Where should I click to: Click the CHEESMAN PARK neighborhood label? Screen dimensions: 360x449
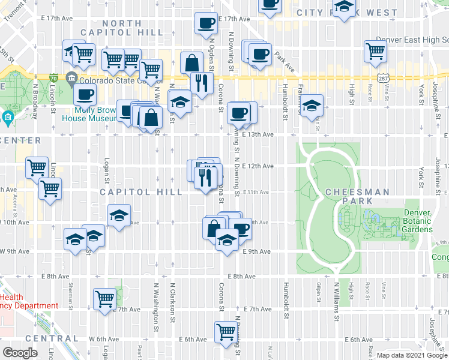point(358,192)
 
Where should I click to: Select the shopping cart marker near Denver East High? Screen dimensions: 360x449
point(375,52)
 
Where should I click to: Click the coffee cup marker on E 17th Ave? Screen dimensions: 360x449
point(206,23)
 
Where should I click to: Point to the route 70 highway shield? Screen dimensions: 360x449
point(54,78)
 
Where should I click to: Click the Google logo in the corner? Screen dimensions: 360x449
point(20,353)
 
